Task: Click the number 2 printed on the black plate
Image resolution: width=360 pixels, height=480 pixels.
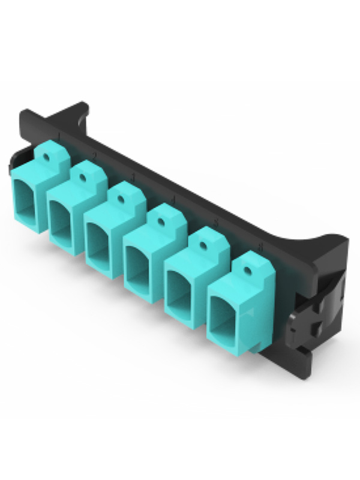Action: (95, 155)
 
